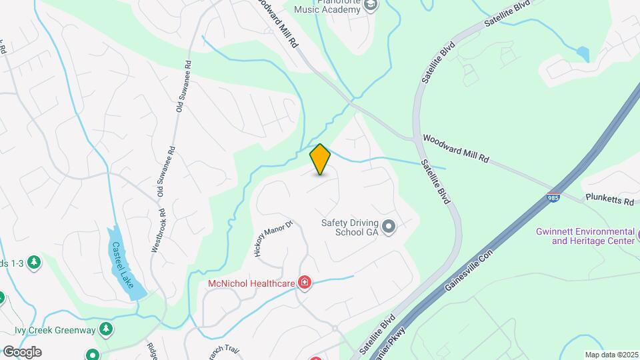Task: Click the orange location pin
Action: tap(320, 159)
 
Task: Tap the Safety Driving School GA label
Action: tap(349, 228)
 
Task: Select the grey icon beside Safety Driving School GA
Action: tap(389, 228)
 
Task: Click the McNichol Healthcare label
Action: tap(251, 283)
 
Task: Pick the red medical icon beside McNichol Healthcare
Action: tap(305, 283)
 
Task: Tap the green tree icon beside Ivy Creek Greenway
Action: tap(105, 329)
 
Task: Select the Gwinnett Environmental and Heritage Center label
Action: tap(585, 236)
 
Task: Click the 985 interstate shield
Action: tap(553, 197)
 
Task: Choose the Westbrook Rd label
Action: tap(157, 229)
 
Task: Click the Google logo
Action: tap(22, 351)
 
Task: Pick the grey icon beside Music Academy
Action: tap(371, 6)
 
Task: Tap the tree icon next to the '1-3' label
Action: tap(33, 263)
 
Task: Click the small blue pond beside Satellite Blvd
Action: tap(583, 54)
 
